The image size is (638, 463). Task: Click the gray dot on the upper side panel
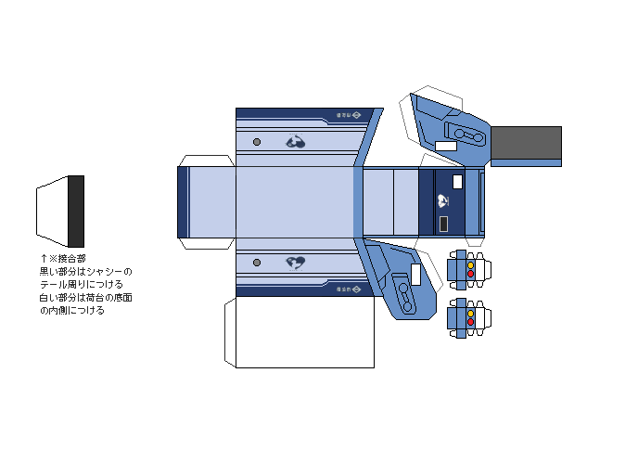click(257, 142)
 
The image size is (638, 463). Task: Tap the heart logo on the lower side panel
click(296, 263)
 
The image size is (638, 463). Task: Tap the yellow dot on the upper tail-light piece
click(470, 265)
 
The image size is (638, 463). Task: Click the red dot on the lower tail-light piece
click(470, 324)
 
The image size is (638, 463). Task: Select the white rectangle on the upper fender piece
click(446, 146)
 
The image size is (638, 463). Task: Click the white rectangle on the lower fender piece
click(415, 275)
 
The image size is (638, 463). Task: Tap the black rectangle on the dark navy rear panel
click(444, 224)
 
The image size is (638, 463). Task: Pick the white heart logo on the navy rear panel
click(444, 200)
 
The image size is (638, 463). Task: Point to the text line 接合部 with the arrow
click(63, 258)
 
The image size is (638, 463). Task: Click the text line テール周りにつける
click(81, 284)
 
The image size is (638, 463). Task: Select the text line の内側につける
click(72, 311)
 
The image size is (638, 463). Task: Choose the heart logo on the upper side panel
click(296, 142)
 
